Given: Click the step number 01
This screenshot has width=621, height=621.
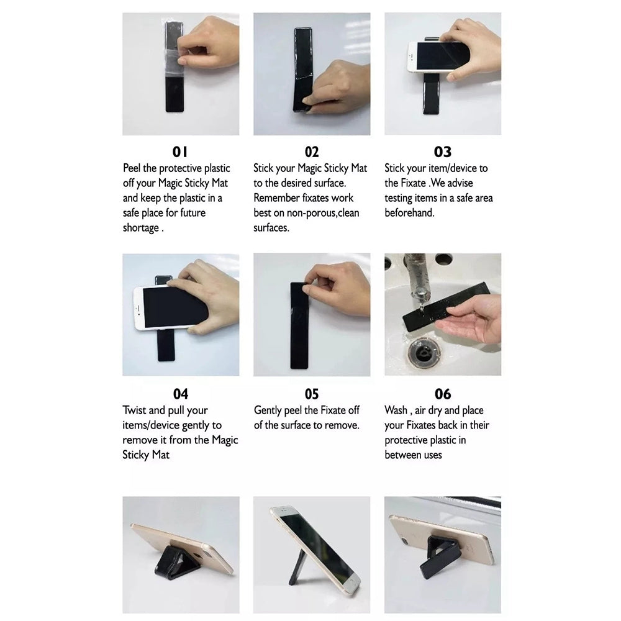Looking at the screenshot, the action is coord(180,152).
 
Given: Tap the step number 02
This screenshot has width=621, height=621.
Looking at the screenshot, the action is coord(312,152).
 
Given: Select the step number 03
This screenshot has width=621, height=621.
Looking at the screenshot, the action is coord(442,152).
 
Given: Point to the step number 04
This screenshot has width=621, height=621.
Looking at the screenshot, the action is coord(181,394).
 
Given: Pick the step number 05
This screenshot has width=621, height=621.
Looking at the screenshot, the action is coord(312,394).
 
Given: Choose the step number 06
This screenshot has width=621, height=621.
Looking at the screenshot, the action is coord(443,394).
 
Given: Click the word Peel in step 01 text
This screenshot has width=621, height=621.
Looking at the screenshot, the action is coord(132,168).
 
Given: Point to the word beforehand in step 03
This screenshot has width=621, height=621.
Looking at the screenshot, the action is coord(409,212).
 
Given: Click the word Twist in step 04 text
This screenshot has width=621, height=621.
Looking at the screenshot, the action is coord(134,410).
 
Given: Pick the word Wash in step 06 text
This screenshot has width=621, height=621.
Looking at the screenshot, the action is coord(396,410).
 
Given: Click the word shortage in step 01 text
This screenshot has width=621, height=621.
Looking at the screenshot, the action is coord(140,228).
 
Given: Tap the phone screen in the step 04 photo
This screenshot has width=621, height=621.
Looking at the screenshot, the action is coord(175,306).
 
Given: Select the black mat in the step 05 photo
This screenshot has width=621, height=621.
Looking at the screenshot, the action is coord(299,325).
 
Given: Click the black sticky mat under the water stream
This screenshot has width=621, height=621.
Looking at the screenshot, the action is coord(446,307).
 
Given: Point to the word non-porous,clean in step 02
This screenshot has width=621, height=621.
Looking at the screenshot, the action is coord(323,213).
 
